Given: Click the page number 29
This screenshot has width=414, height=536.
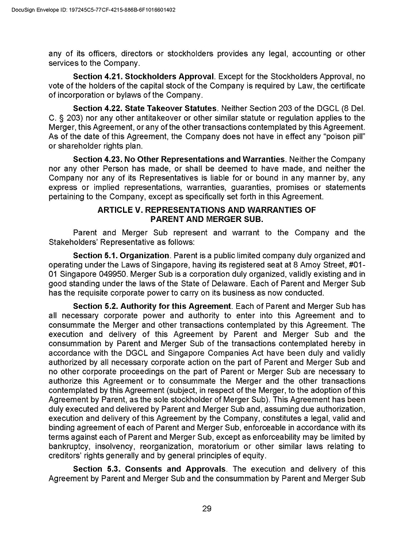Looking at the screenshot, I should [x=206, y=508].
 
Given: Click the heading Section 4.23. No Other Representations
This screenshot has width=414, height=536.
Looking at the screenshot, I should [x=179, y=159].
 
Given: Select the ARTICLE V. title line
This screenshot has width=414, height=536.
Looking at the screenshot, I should [x=206, y=210].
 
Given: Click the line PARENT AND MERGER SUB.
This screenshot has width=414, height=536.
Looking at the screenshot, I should [x=206, y=219].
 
